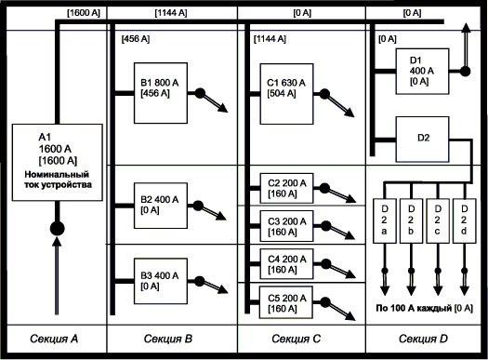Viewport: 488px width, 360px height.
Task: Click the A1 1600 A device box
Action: pos(58,162)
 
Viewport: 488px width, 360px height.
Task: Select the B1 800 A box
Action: pos(161,93)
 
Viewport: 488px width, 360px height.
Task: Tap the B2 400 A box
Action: pos(161,206)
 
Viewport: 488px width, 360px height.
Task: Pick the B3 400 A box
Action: pos(161,281)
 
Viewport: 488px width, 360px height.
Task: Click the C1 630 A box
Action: pos(286,94)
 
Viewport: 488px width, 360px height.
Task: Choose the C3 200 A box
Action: pos(286,226)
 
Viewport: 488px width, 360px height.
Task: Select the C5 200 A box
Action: pos(286,302)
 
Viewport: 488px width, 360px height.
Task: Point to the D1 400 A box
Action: pos(422,72)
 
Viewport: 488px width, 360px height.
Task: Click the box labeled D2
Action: pos(422,140)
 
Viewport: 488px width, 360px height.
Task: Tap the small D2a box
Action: pos(385,220)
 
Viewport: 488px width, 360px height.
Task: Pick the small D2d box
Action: pos(465,220)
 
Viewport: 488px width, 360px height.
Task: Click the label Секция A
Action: pos(54,339)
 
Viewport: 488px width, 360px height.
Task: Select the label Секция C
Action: pos(296,339)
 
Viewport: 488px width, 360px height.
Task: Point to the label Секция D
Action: pos(423,339)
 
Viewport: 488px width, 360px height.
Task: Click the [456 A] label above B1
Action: pos(136,39)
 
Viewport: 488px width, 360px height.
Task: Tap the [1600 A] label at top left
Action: pos(84,13)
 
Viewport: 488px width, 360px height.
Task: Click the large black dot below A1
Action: pos(58,229)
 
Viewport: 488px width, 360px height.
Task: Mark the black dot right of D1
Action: pos(466,72)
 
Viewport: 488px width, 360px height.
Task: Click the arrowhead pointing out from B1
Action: pos(223,108)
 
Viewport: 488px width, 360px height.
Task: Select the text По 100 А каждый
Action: pos(414,308)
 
